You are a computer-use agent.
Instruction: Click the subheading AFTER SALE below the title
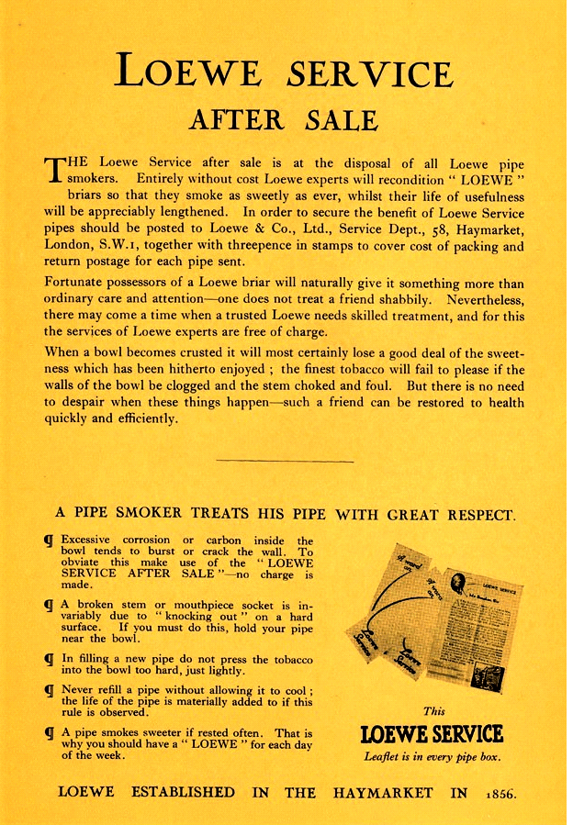[x=283, y=120]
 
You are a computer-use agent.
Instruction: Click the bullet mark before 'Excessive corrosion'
[x=49, y=541]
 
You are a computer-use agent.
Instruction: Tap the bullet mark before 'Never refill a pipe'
[x=49, y=688]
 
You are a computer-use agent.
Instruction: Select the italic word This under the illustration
[x=433, y=710]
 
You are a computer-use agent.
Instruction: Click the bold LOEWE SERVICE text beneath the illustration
[x=432, y=734]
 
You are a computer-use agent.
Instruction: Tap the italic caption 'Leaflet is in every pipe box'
[x=432, y=757]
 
